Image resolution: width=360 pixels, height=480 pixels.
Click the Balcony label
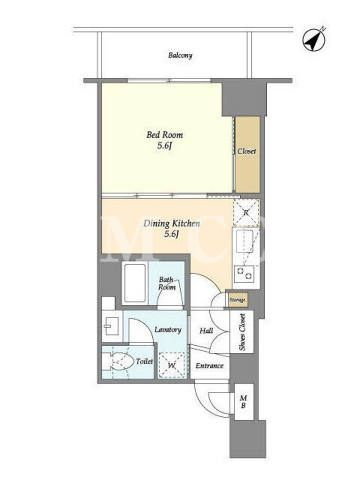click(181, 56)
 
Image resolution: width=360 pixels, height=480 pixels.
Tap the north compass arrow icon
click(313, 40)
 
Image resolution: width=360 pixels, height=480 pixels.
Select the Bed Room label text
click(164, 134)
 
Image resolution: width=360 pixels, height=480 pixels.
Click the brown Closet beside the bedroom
click(247, 154)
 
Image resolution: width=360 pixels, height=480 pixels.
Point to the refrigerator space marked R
click(246, 213)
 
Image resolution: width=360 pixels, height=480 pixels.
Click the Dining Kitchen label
click(172, 223)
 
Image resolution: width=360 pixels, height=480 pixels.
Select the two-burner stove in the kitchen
click(244, 274)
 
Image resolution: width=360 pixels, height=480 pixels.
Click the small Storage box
click(237, 300)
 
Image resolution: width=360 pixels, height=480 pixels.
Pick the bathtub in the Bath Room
click(134, 283)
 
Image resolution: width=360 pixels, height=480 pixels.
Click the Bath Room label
click(167, 283)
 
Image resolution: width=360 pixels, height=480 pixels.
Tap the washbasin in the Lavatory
click(111, 326)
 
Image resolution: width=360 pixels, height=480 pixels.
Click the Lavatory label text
click(168, 329)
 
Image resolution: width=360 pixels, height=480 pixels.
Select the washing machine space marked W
click(172, 365)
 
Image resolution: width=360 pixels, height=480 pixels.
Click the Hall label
click(206, 331)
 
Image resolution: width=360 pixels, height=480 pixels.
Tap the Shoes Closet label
click(242, 332)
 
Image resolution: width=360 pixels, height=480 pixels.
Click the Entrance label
click(209, 366)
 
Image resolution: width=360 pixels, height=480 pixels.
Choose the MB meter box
click(244, 401)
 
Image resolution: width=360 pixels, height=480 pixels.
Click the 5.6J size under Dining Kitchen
click(171, 235)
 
